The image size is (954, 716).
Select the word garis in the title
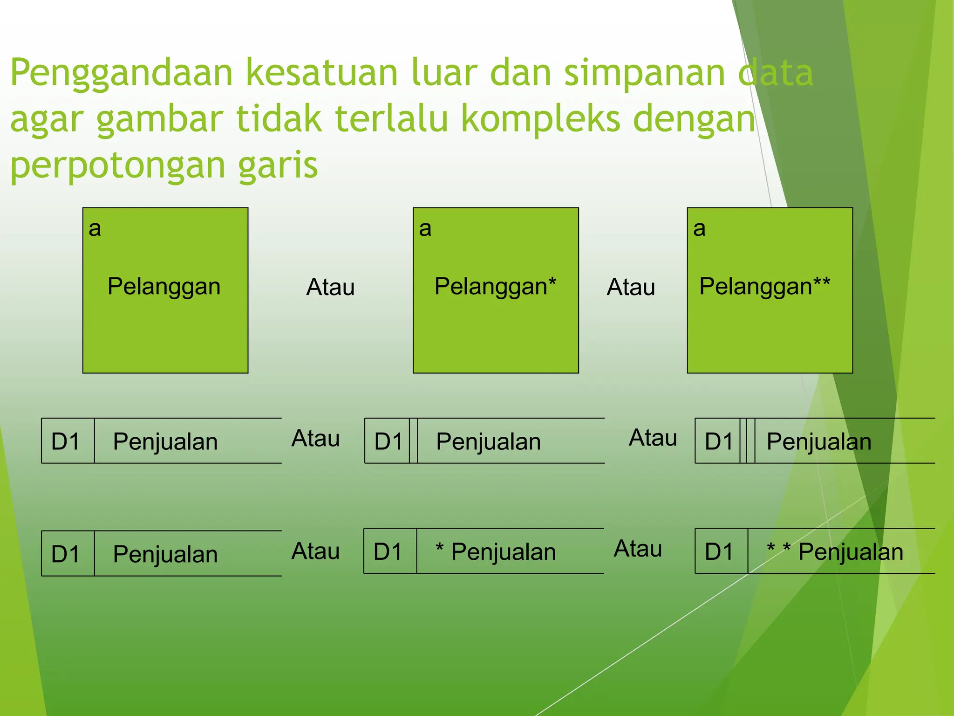coord(278,166)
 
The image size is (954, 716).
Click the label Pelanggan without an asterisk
coord(164,286)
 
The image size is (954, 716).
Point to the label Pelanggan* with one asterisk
coord(495,286)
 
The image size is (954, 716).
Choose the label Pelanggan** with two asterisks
coord(764,286)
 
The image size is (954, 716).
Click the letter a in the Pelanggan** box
coord(699,228)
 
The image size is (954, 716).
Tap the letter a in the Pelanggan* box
coord(425,228)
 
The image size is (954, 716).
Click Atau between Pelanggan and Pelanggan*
coord(330,287)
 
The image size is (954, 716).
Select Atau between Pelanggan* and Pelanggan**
coord(631,287)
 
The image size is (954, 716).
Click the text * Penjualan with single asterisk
coord(496,552)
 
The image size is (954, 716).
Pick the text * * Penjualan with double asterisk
coord(835,552)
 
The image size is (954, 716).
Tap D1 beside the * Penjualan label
coord(388,552)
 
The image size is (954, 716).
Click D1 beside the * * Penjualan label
coord(719,552)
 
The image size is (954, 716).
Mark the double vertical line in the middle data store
coord(413,441)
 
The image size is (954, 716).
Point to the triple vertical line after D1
coord(747,441)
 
